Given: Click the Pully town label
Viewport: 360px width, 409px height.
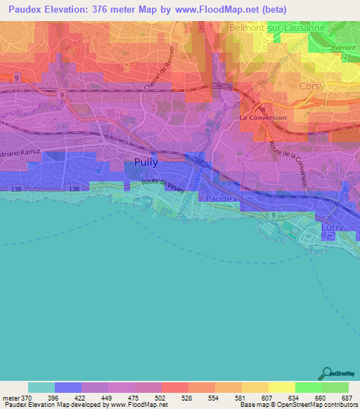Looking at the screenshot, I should [x=146, y=162].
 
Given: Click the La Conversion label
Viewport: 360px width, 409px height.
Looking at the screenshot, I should [x=263, y=117].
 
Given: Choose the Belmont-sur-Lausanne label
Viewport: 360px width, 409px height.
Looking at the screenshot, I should [x=276, y=27].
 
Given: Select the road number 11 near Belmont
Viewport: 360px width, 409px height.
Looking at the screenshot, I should [x=344, y=56].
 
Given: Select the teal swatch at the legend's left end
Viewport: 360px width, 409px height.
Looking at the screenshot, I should [x=41, y=387].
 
